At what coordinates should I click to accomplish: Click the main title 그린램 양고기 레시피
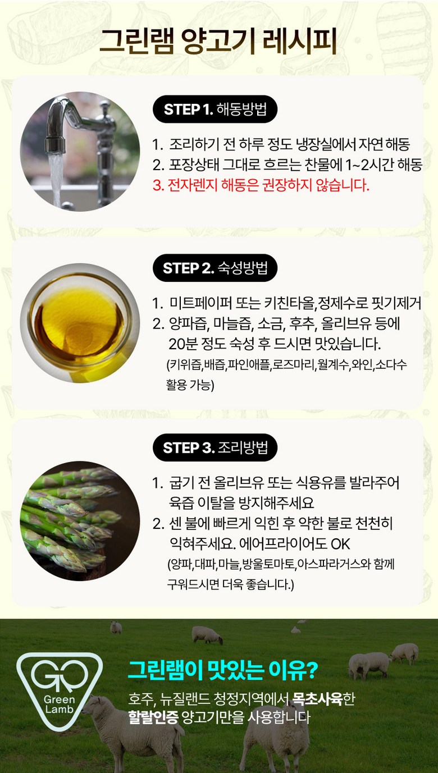pyautogui.click(x=218, y=42)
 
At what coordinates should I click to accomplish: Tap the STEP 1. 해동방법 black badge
pyautogui.click(x=215, y=109)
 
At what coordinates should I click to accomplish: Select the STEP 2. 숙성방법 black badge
pyautogui.click(x=215, y=268)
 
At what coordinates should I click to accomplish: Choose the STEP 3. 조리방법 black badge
pyautogui.click(x=215, y=447)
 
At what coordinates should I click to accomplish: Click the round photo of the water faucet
pyautogui.click(x=80, y=151)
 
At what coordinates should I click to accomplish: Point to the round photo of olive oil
pyautogui.click(x=80, y=323)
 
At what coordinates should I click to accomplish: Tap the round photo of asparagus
pyautogui.click(x=80, y=521)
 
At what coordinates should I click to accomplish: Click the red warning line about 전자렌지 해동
pyautogui.click(x=261, y=185)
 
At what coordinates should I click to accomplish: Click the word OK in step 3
pyautogui.click(x=340, y=545)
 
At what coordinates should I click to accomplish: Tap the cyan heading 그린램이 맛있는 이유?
pyautogui.click(x=222, y=670)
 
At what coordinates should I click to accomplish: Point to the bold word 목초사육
pyautogui.click(x=317, y=699)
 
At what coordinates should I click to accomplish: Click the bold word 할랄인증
pyautogui.click(x=153, y=717)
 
